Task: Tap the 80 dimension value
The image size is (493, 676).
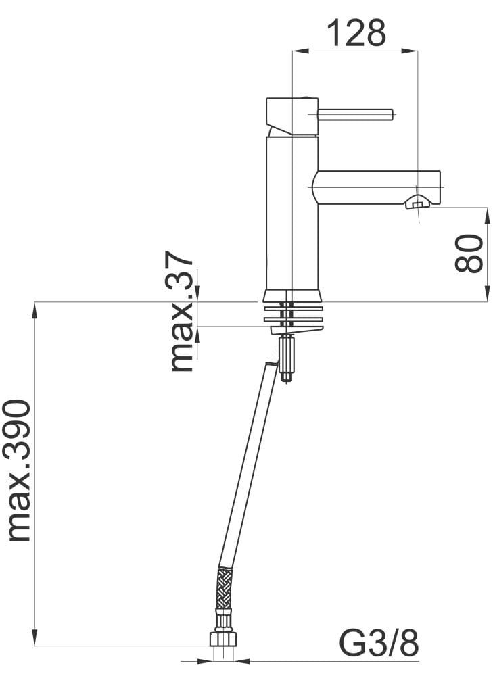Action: tap(469, 253)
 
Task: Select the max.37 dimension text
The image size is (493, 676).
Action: tap(181, 311)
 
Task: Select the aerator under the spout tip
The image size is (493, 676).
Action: tap(417, 201)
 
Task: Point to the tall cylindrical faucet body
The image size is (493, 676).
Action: tap(292, 213)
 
